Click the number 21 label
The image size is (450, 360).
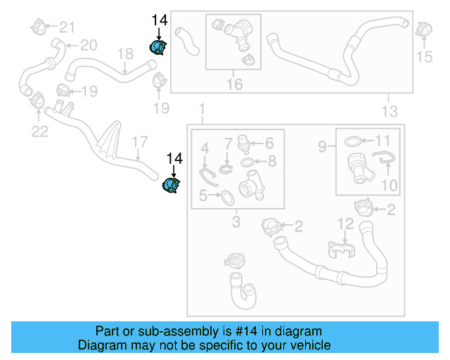67,27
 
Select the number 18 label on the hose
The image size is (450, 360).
124,53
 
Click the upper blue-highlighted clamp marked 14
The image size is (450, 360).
158,48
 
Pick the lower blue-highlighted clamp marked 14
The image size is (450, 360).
171,186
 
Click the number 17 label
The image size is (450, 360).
139,142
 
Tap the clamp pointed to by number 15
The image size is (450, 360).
423,30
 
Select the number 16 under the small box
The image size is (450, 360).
233,84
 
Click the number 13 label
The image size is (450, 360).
389,111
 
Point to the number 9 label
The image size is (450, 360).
321,147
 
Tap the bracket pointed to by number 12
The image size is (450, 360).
340,248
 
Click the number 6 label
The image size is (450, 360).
268,143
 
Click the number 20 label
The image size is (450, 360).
89,46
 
